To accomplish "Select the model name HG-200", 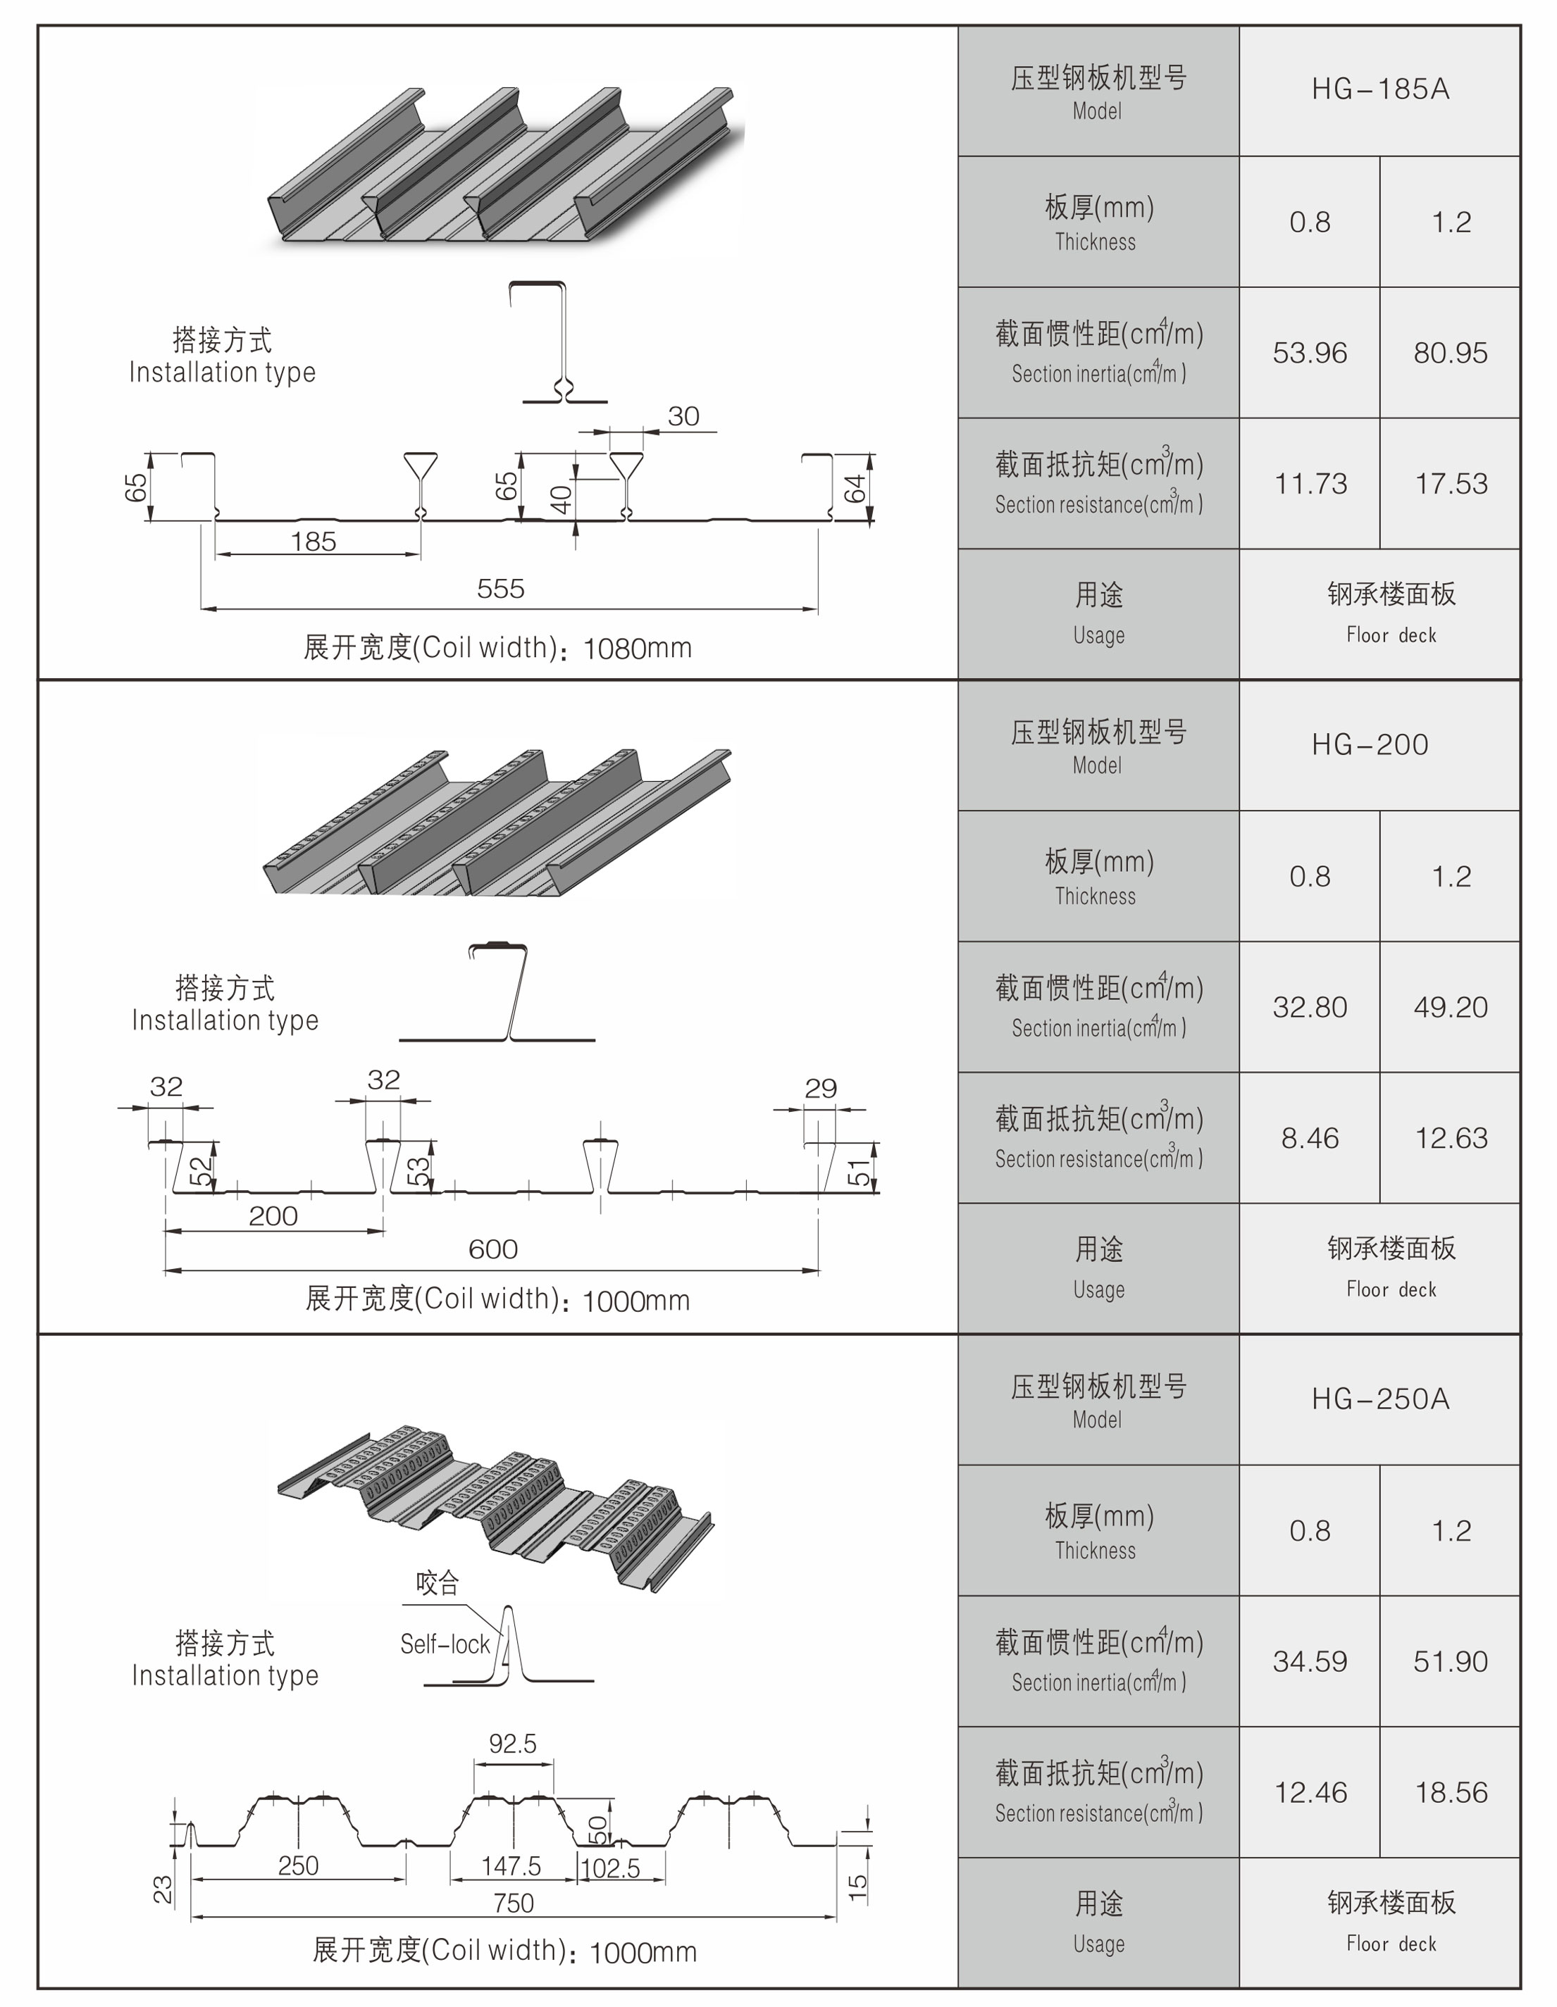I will coord(1370,744).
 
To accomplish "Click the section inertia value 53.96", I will coord(1310,353).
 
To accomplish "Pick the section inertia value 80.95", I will coord(1451,353).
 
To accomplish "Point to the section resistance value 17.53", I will coord(1451,483).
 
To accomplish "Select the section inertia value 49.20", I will coord(1451,1007).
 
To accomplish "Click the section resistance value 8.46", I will coord(1310,1139).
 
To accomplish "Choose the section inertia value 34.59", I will coord(1310,1661).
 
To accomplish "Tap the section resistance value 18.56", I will coord(1451,1792).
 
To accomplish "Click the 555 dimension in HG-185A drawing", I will coord(500,588).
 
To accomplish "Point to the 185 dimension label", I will coord(314,542).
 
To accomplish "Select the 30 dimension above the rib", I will coord(683,416).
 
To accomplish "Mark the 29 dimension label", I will coord(820,1088).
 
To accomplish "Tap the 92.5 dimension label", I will coord(512,1743).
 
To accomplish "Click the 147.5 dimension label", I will coord(511,1865).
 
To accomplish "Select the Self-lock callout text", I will coord(445,1644).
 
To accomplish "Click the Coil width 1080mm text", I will coord(497,648).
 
